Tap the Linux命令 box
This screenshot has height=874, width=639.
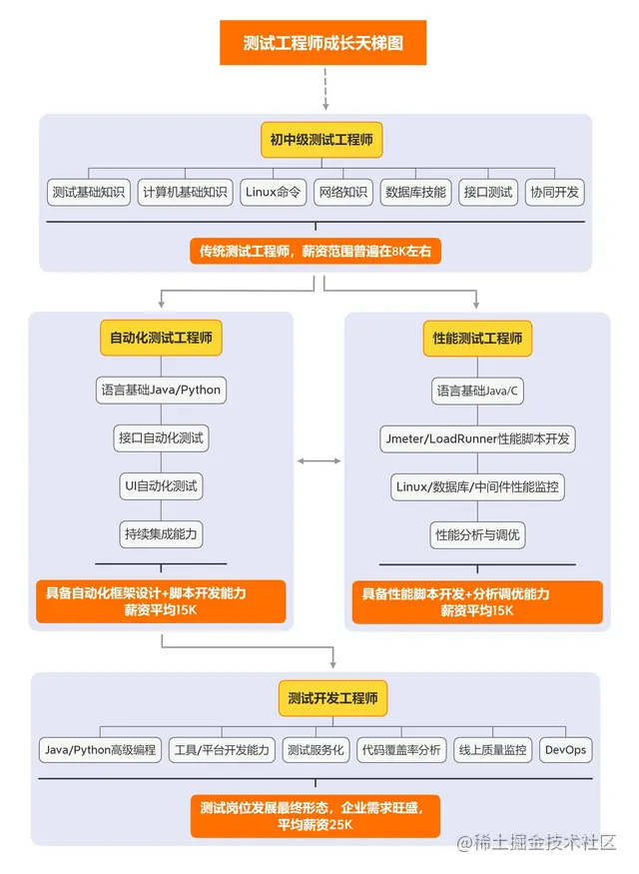pos(273,192)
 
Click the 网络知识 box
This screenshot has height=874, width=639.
pos(342,192)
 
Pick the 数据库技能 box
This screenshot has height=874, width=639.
pos(415,192)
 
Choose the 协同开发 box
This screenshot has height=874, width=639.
pos(555,192)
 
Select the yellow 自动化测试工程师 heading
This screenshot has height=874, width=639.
pos(161,338)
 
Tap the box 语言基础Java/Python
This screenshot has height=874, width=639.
pos(161,389)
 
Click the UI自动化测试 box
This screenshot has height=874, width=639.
pos(161,486)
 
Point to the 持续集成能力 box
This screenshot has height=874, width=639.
pos(161,533)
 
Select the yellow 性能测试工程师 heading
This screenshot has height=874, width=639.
pos(477,339)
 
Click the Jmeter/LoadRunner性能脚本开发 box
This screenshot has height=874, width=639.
pos(477,437)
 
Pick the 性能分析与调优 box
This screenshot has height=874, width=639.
pos(477,534)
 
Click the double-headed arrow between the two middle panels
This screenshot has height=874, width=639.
pos(319,460)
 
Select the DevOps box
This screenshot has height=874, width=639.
pos(565,749)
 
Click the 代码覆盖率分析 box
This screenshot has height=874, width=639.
pos(401,749)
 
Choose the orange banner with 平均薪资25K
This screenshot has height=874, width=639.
pos(316,815)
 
